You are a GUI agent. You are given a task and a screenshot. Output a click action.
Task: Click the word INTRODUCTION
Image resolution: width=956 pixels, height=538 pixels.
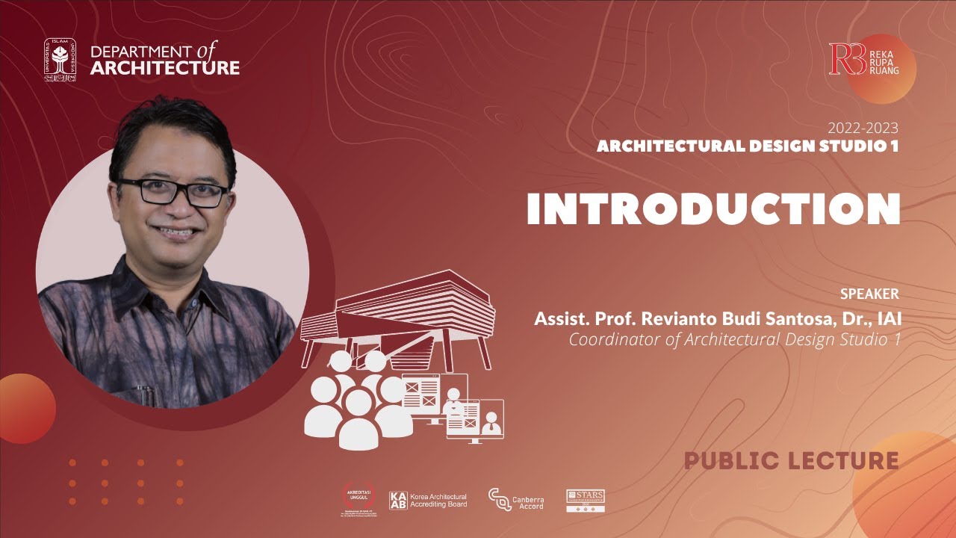[713, 208]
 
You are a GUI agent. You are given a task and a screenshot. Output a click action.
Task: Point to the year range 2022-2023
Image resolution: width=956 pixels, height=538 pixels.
[863, 129]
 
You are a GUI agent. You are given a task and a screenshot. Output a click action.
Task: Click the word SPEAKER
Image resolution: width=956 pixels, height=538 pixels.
[869, 294]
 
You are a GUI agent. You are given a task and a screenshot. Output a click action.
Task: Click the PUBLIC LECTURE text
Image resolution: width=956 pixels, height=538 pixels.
[792, 460]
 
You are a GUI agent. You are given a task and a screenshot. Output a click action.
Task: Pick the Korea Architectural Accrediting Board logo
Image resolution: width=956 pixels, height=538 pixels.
[429, 501]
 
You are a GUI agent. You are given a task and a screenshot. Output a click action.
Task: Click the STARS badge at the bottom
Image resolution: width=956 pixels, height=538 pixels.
[586, 501]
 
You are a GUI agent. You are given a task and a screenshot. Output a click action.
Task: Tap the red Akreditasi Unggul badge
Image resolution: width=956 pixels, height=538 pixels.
[361, 499]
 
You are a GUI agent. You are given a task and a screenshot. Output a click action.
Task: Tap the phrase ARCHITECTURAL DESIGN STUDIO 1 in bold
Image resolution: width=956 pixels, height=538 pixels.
[747, 146]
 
